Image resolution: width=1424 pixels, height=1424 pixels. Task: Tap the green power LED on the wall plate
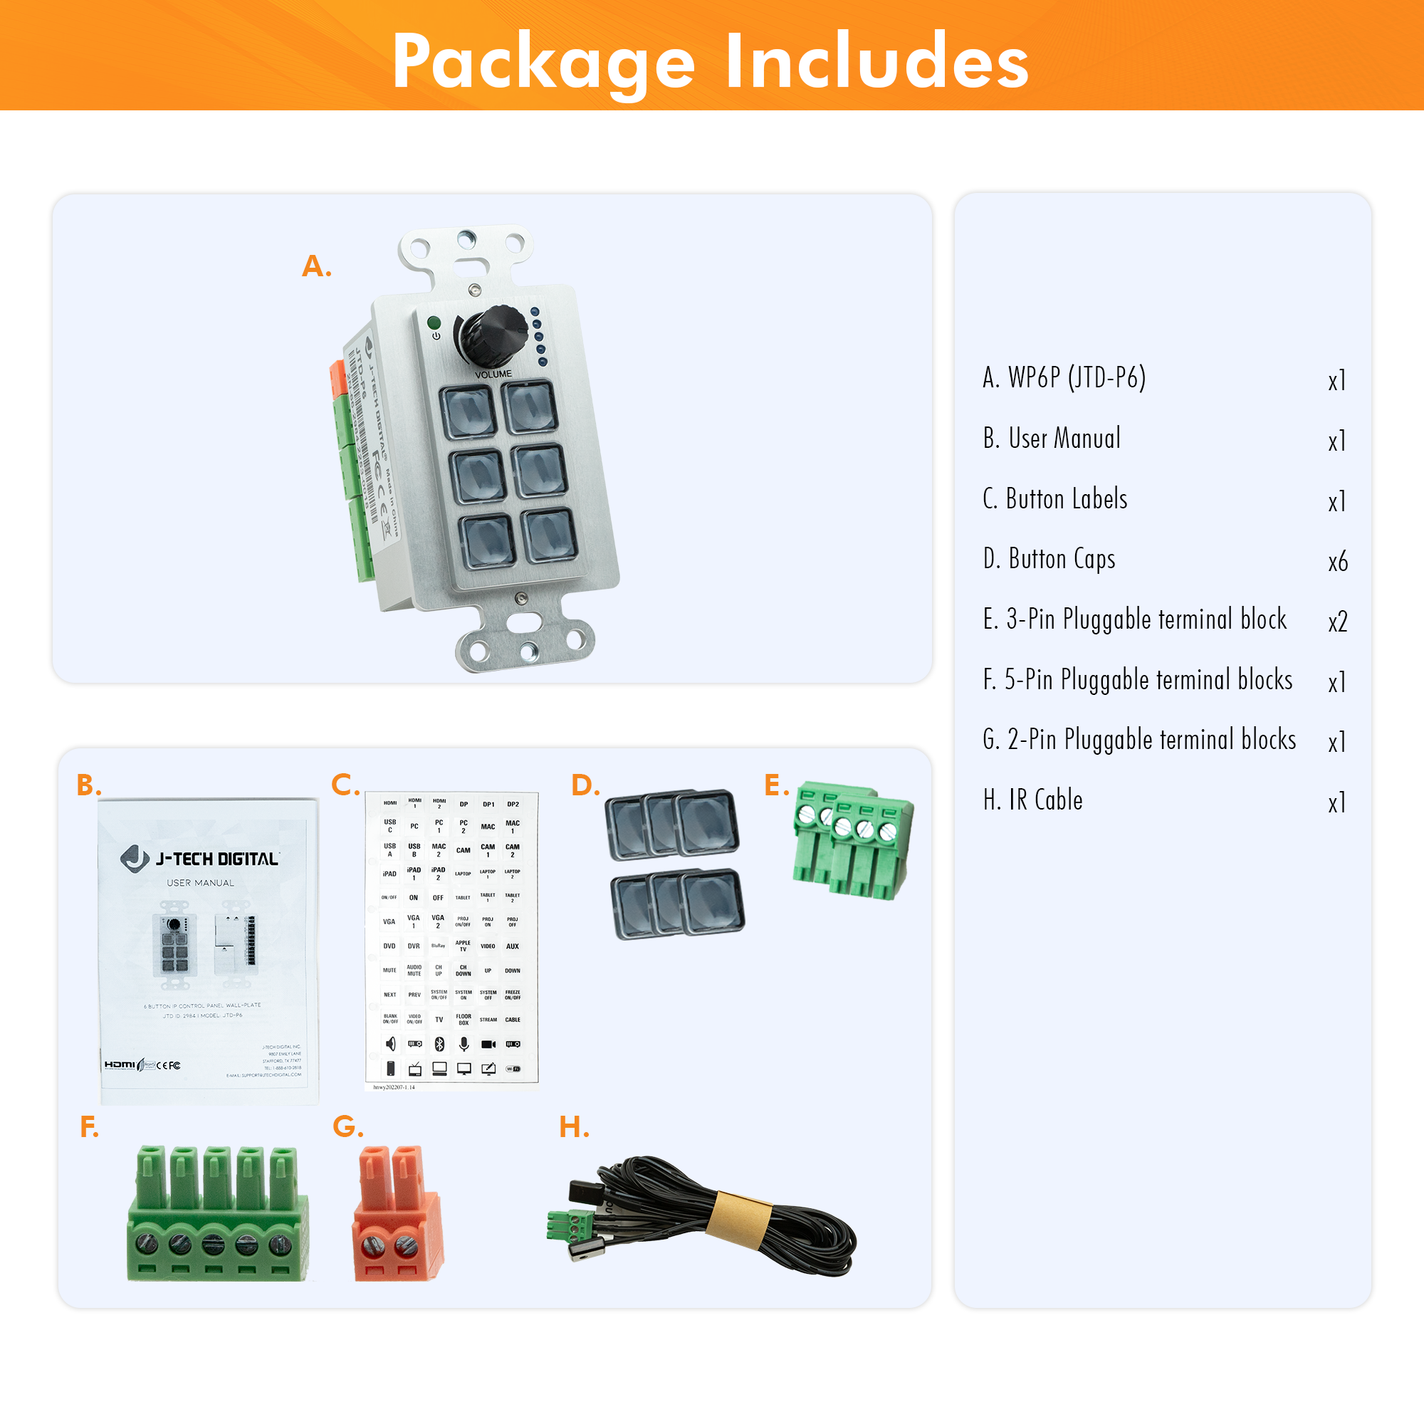click(x=434, y=323)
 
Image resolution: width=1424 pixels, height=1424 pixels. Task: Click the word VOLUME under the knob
click(x=493, y=375)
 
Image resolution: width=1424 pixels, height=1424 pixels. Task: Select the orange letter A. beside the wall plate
click(x=317, y=266)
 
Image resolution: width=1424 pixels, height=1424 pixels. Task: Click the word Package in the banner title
click(x=543, y=62)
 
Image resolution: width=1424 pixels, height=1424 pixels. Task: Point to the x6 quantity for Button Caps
click(x=1338, y=562)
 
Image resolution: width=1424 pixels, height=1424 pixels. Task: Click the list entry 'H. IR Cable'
click(x=1032, y=800)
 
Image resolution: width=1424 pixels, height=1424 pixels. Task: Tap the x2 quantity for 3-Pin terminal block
click(x=1338, y=622)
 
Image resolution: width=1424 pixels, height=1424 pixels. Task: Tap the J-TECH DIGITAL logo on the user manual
click(x=200, y=859)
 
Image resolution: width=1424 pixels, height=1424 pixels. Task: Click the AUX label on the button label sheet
click(x=512, y=946)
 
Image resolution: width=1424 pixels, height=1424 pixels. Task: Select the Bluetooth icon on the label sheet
click(x=439, y=1044)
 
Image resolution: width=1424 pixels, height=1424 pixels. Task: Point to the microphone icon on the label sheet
click(x=464, y=1044)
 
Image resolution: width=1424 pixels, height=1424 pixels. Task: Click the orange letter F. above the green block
click(x=89, y=1127)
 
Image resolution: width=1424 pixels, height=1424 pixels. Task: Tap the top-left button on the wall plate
click(x=467, y=413)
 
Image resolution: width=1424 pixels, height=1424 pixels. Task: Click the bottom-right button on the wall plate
click(x=549, y=535)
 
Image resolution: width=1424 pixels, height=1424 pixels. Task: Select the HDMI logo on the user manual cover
click(x=120, y=1064)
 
